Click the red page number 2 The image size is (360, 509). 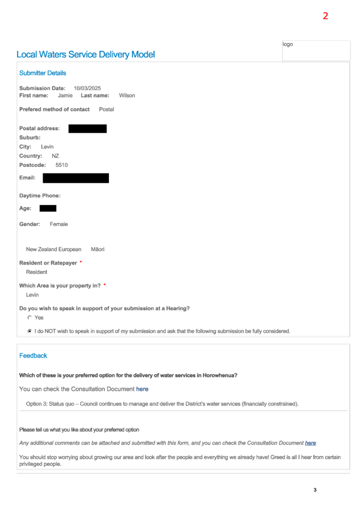(325, 16)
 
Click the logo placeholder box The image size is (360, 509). (316, 50)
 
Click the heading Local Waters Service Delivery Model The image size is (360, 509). (86, 54)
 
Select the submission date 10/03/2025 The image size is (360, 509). (87, 88)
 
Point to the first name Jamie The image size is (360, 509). (65, 95)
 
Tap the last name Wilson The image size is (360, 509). (127, 95)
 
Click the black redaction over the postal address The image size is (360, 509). (87, 129)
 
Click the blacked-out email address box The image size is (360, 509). (76, 178)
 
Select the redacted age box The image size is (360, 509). (48, 208)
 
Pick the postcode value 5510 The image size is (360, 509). (62, 165)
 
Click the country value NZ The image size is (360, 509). (55, 156)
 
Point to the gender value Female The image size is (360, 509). (59, 224)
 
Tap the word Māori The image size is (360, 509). (98, 249)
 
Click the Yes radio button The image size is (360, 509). (29, 318)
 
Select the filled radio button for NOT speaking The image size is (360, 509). (29, 331)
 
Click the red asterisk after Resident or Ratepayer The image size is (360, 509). (81, 262)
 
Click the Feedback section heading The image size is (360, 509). (33, 356)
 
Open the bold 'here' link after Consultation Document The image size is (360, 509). (142, 389)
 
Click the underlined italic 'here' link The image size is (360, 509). (310, 443)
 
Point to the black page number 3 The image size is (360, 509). (315, 490)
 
